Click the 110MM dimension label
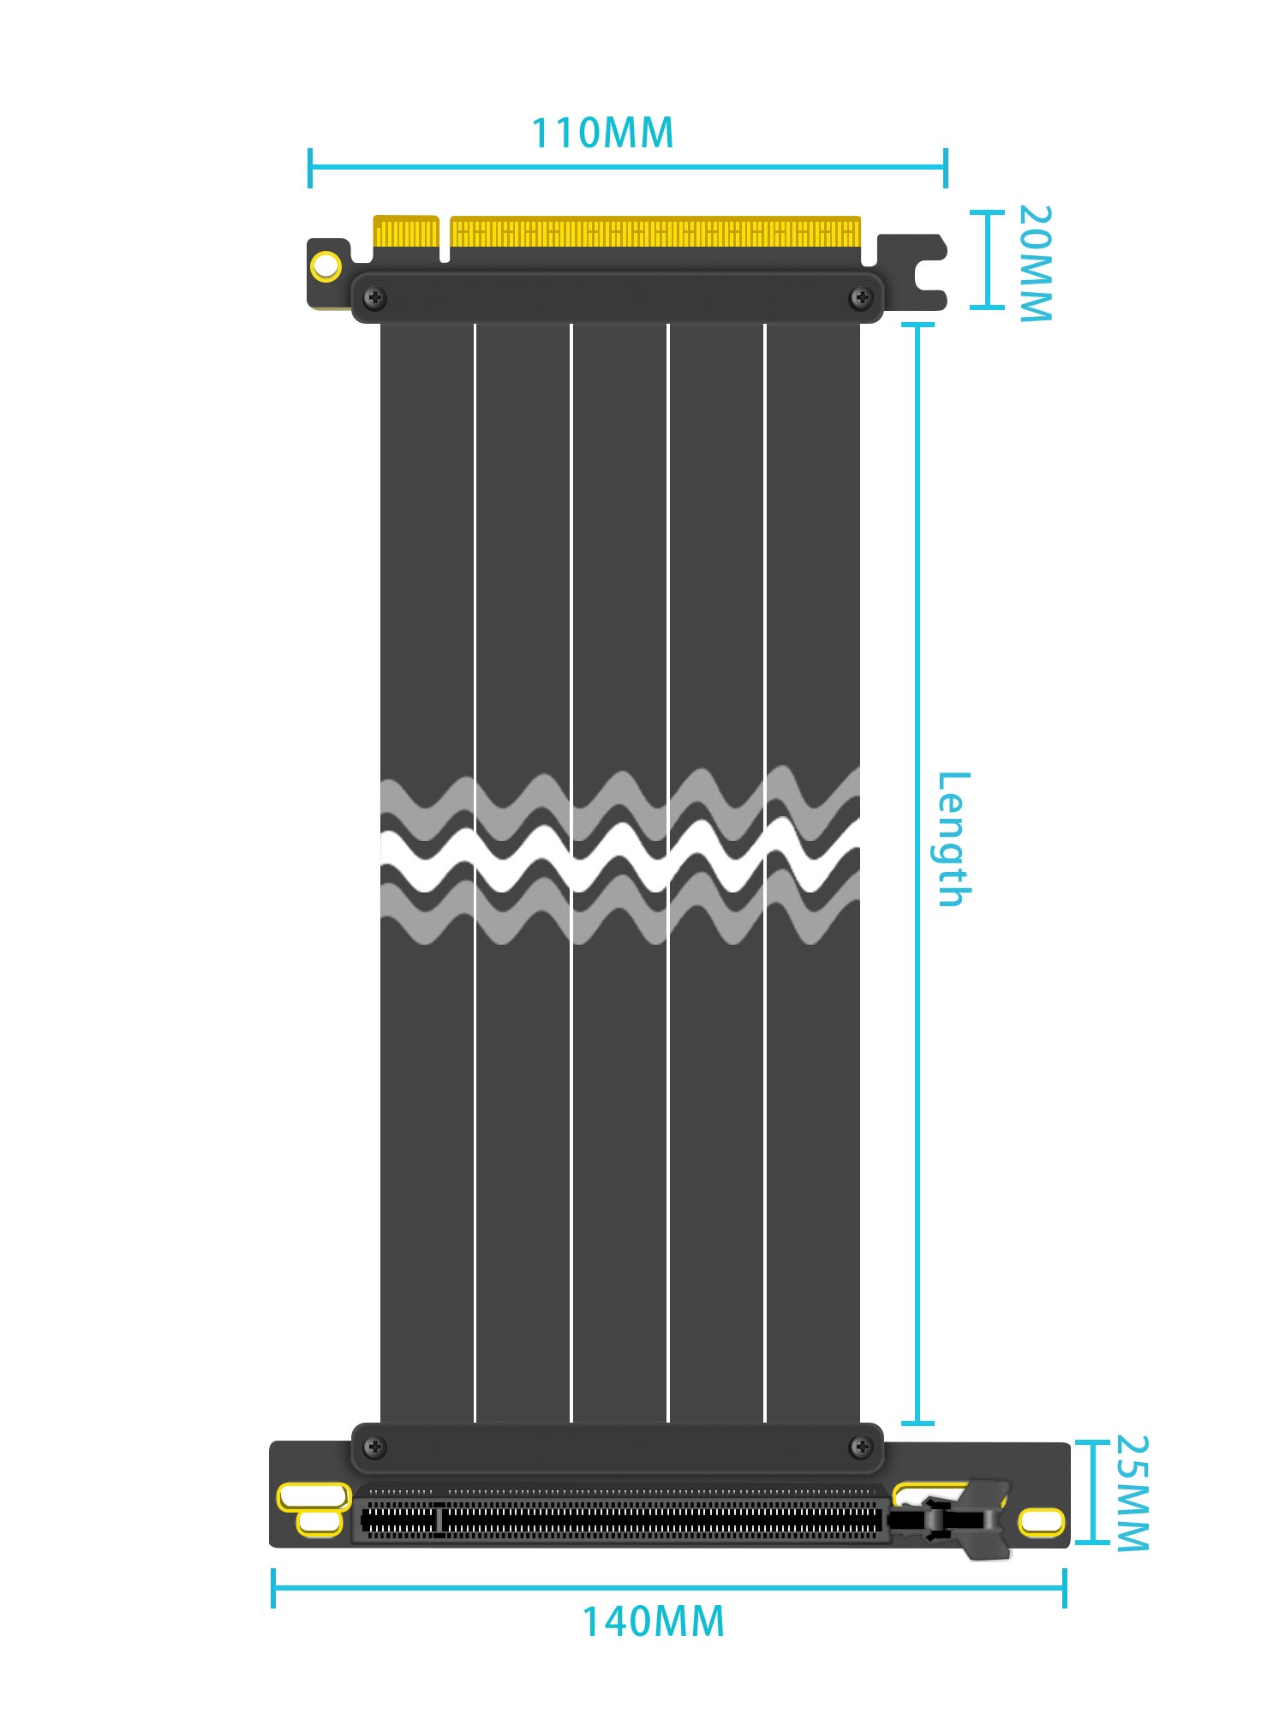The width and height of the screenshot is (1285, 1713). tap(602, 134)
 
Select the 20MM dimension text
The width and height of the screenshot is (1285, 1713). tap(1034, 263)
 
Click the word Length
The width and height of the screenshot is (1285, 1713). tap(953, 839)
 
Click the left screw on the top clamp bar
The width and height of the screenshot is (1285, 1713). tap(374, 298)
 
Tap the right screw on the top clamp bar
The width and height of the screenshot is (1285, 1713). tap(861, 298)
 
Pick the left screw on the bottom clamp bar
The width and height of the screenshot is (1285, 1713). tap(374, 1447)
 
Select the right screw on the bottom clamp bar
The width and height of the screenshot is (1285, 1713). tap(861, 1447)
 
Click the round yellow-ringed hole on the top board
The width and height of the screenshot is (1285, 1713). tap(326, 266)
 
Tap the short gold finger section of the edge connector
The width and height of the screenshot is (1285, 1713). tap(406, 232)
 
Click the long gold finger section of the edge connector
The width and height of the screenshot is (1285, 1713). tap(655, 232)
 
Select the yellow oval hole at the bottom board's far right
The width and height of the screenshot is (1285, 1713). tap(1041, 1522)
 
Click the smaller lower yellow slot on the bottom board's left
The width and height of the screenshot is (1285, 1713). tap(320, 1523)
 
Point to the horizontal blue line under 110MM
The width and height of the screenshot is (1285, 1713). tap(627, 167)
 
